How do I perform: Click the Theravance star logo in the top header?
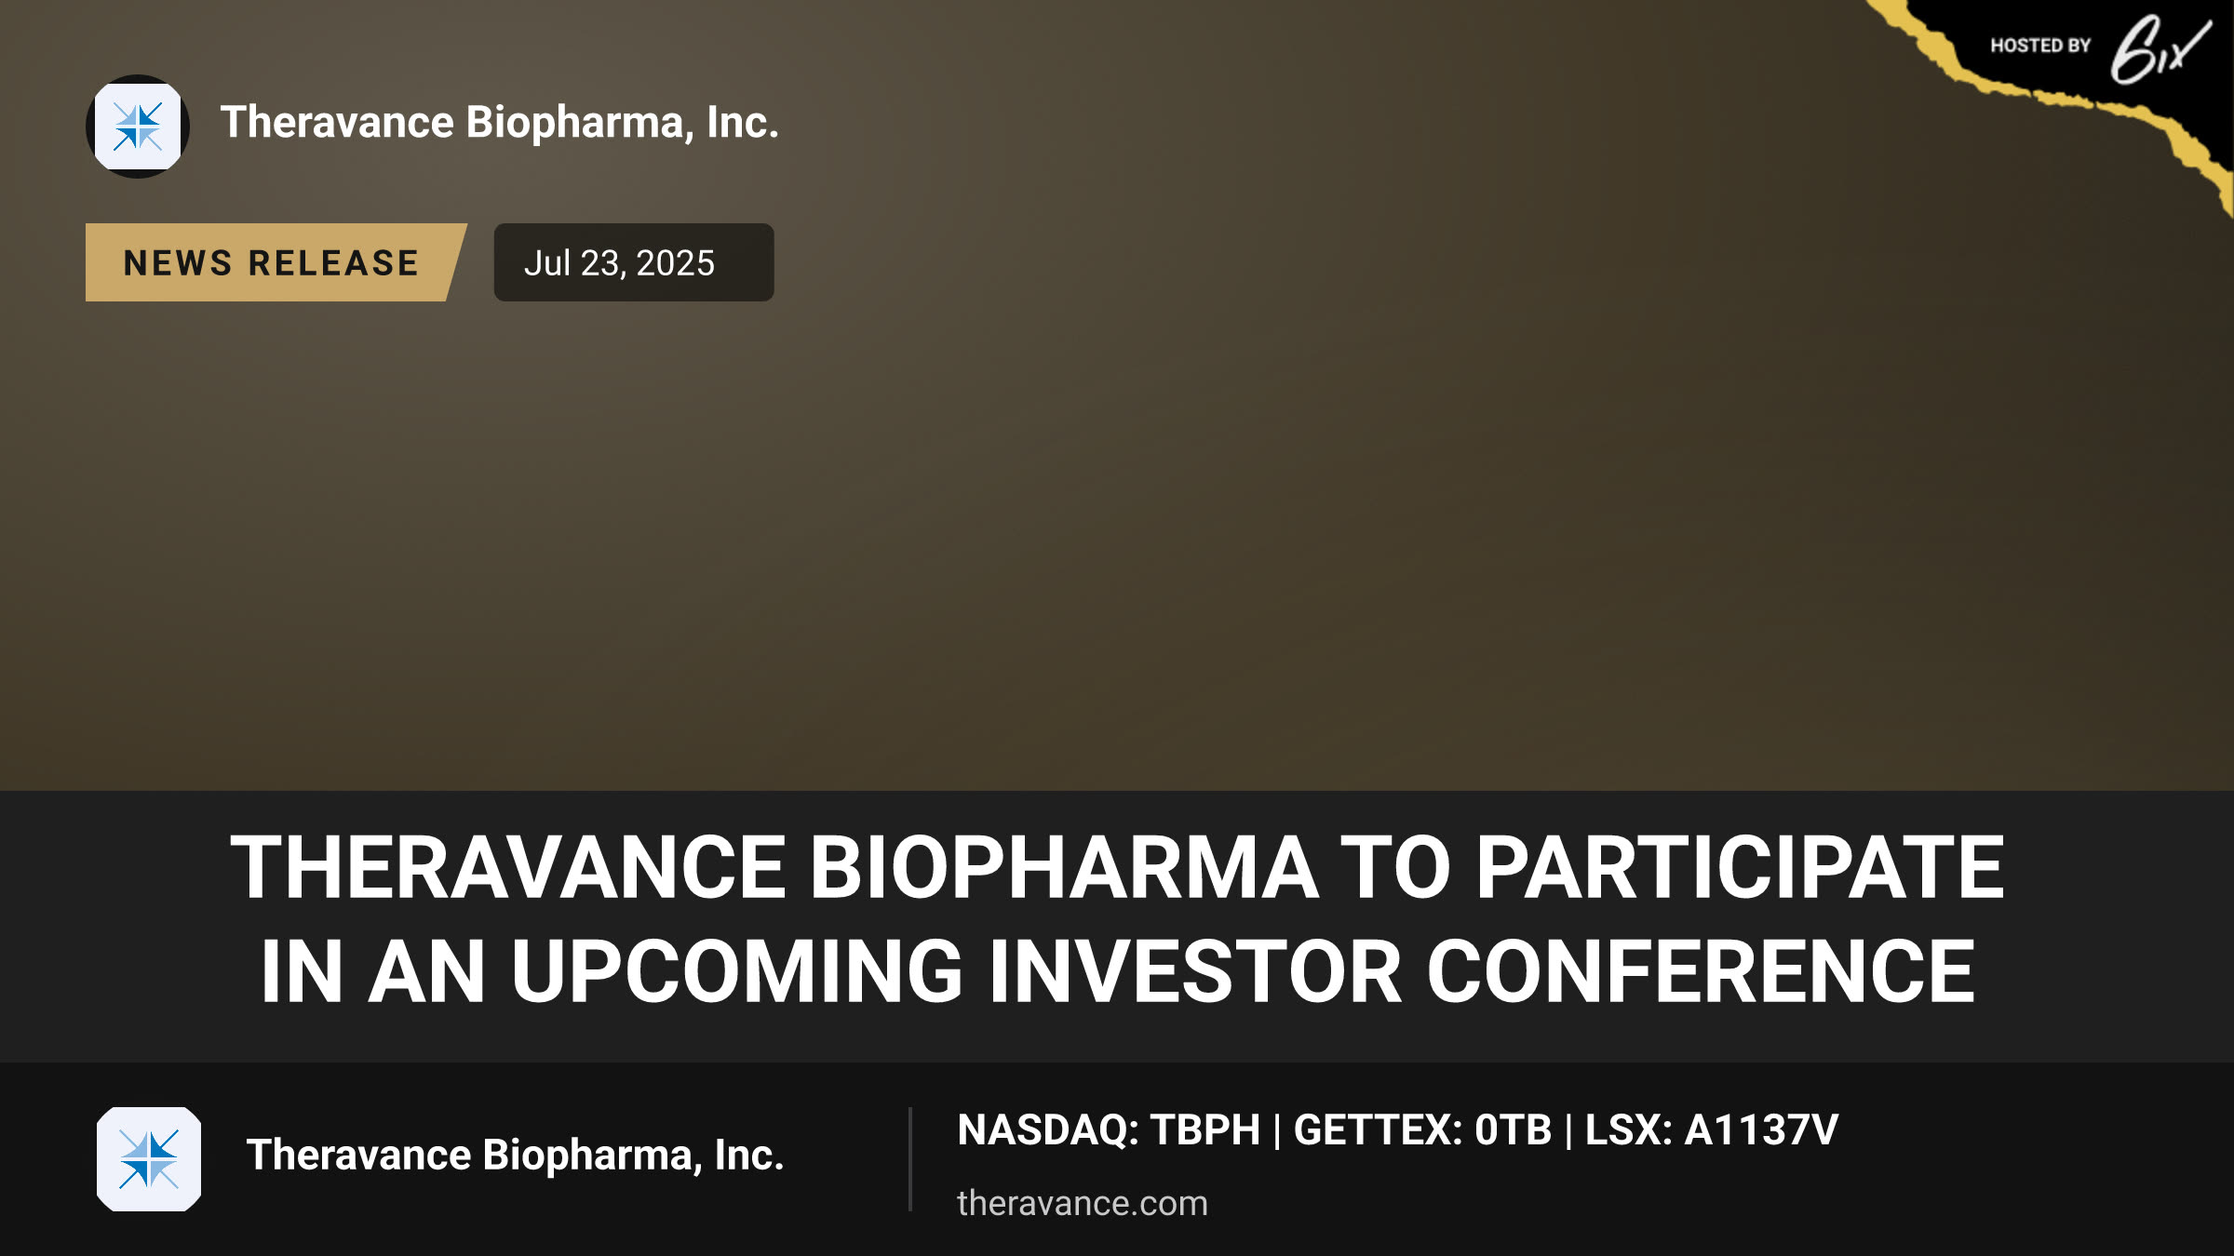coord(138,127)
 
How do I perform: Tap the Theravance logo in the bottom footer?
coord(149,1159)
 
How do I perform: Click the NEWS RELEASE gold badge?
coord(276,262)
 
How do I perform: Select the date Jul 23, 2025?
coord(619,263)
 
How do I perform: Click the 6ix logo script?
coord(2160,50)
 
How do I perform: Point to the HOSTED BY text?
coord(2040,46)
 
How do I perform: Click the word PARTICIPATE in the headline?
coord(1741,867)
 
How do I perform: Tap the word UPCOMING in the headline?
coord(736,971)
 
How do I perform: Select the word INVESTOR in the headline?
coord(1195,971)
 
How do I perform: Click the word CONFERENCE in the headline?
coord(1701,971)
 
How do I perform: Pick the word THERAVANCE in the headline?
coord(508,867)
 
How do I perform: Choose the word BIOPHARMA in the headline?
coord(1064,867)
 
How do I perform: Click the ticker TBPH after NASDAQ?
coord(1205,1130)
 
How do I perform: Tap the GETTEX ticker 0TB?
coord(1514,1130)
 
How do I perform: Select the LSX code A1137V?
coord(1761,1130)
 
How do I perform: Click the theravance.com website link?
coord(1083,1203)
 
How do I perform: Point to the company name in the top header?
coord(499,123)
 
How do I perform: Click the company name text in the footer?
coord(515,1156)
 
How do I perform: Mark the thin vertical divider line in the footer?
coord(909,1159)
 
